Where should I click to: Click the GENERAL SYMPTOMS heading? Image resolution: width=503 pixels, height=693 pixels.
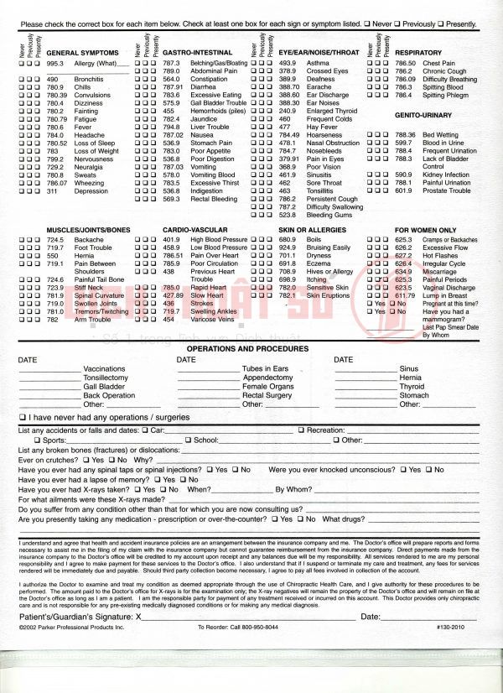coord(82,53)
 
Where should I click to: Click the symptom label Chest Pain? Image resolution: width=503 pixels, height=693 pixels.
coord(438,63)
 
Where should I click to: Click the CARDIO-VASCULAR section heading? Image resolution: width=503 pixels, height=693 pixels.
coord(195,229)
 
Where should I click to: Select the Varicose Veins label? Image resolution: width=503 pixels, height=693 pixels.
coord(213,319)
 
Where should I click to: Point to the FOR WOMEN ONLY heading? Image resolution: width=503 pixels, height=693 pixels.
coord(426,229)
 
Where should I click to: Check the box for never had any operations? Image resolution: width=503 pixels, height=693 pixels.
coord(23,417)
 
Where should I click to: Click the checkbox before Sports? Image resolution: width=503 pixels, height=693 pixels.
coord(37,440)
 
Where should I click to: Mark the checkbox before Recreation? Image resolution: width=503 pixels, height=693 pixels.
coord(301,430)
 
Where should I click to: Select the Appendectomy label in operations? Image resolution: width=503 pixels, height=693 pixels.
coord(267,378)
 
